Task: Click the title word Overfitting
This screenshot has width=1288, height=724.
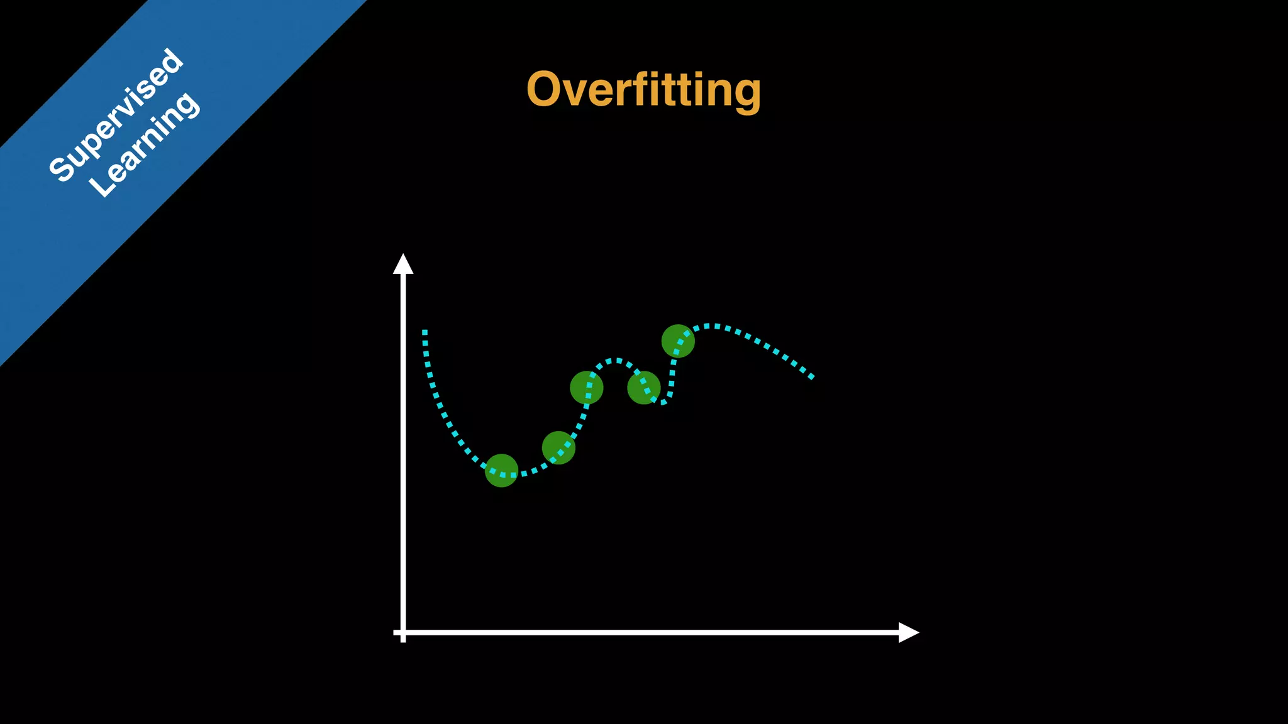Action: pos(643,90)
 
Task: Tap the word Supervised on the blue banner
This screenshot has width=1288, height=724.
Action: pos(116,115)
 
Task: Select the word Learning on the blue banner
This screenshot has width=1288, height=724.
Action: pos(145,145)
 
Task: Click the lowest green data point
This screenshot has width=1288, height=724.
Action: pos(501,471)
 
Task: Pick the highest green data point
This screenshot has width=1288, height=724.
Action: pos(678,341)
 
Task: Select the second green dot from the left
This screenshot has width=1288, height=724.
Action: pos(558,447)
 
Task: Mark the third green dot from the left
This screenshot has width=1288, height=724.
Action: pos(586,387)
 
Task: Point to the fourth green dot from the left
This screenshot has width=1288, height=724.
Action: pos(643,387)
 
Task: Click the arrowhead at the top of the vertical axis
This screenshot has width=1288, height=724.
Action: pos(403,264)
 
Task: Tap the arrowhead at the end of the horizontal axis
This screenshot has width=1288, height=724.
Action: pos(909,632)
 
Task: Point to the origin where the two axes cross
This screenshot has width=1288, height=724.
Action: pos(403,632)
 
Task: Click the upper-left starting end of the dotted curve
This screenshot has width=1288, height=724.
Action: pos(425,332)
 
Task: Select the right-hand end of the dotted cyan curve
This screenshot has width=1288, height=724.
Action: pos(811,377)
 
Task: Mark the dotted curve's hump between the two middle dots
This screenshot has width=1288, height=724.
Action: pos(616,361)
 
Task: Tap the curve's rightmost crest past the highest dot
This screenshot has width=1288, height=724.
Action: pos(711,326)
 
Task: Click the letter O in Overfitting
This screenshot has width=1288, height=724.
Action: pos(545,89)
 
